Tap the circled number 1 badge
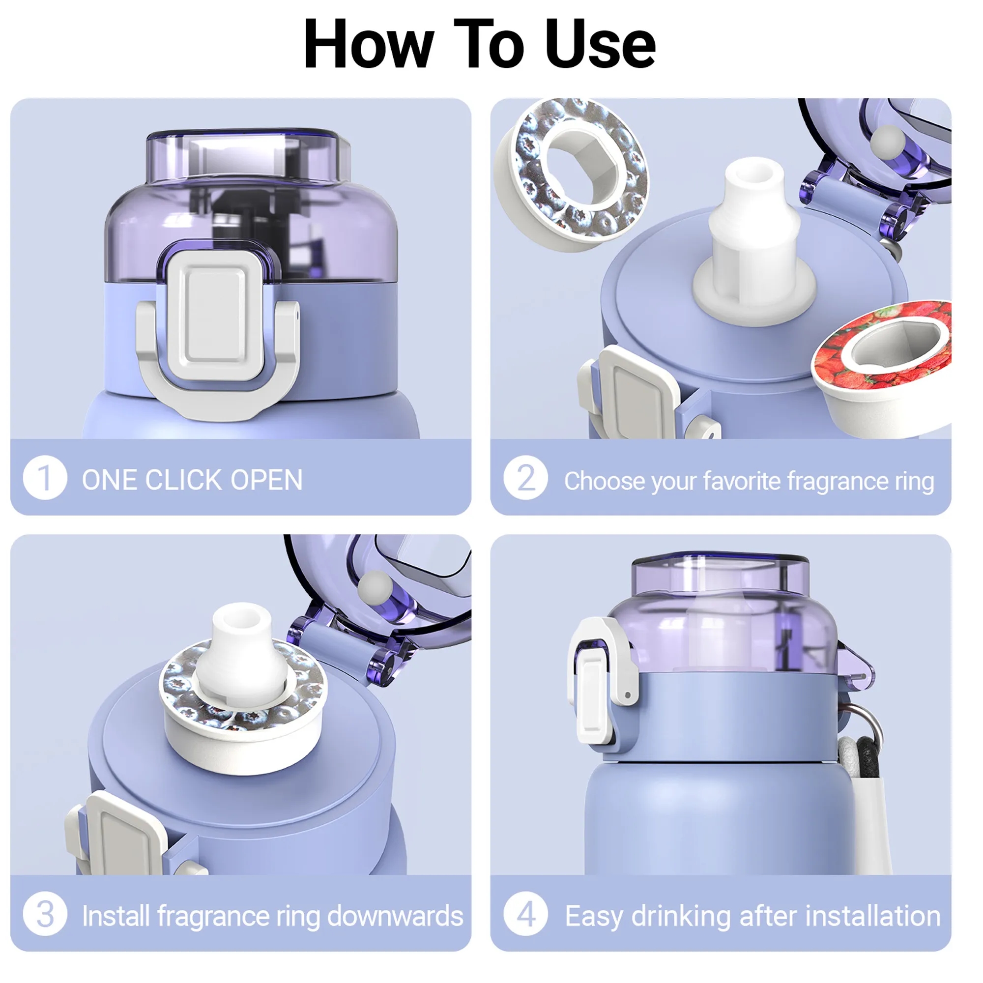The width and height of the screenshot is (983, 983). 45,479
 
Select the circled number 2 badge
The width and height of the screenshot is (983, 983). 525,479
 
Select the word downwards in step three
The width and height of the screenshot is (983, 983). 395,916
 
